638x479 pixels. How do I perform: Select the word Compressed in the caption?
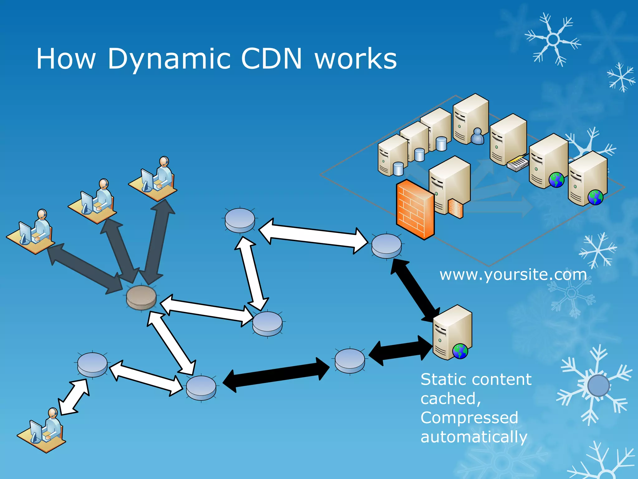(469, 418)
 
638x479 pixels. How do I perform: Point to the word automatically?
(474, 437)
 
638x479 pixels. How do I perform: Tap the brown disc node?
(141, 298)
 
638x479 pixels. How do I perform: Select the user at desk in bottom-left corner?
(42, 430)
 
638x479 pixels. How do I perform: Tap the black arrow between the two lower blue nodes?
(276, 375)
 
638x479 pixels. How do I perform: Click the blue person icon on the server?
(477, 136)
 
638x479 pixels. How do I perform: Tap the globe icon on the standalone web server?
(460, 351)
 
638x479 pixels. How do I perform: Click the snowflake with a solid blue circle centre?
(598, 385)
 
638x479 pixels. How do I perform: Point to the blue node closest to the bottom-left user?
(92, 365)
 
